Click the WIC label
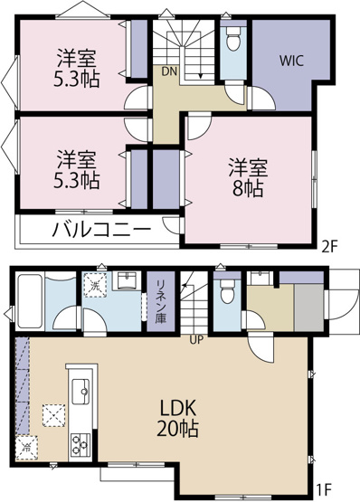coord(290,62)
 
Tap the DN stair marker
coord(169,71)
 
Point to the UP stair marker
coord(194,340)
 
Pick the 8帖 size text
coord(247,190)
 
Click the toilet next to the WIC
coord(232,40)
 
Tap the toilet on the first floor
coord(226,288)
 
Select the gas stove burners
coord(79,442)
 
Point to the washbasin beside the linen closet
coord(127,281)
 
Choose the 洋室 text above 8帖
coord(247,167)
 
